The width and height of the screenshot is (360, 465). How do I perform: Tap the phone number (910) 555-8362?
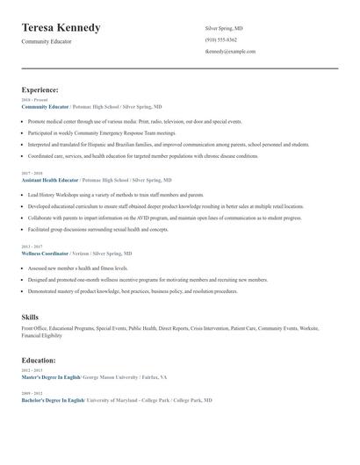(220, 39)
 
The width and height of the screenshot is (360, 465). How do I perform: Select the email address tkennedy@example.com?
(230, 51)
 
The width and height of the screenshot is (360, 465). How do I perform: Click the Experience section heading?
(40, 89)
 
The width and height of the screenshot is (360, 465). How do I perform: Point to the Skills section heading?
(30, 316)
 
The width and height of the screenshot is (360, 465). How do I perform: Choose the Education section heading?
(39, 360)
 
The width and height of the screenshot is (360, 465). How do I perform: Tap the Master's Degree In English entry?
(52, 376)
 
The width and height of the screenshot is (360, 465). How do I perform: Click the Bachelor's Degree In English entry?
(53, 399)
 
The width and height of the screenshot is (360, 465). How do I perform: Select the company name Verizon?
(83, 253)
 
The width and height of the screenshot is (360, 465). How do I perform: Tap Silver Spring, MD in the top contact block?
(224, 28)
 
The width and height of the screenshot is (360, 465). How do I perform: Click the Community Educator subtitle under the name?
(47, 41)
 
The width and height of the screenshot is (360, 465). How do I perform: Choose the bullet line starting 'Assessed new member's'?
(78, 268)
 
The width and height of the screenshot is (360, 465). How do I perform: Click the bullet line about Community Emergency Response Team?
(102, 132)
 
